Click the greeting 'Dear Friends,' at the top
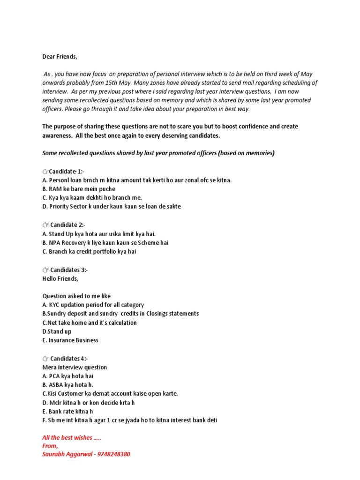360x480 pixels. coord(60,57)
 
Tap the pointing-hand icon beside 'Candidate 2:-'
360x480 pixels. coord(45,225)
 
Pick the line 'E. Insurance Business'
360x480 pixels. coord(70,340)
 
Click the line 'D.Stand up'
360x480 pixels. coord(57,331)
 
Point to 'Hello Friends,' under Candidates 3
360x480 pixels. coord(61,278)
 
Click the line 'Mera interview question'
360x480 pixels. coord(75,367)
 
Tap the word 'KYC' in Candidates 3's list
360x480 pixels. coord(55,305)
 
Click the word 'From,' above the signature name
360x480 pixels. coord(50,446)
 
